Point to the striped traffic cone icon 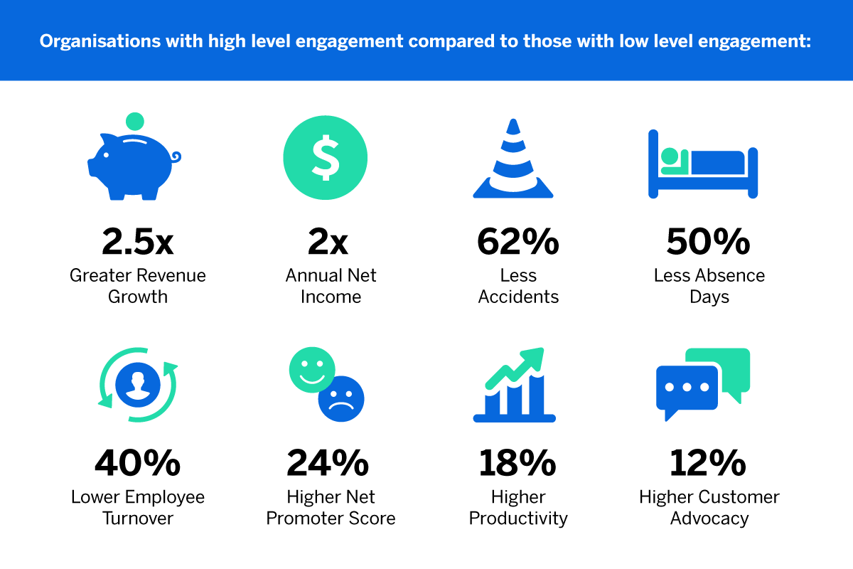tap(513, 160)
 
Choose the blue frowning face tap(340, 398)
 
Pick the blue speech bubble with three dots tap(687, 390)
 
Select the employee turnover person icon tap(138, 385)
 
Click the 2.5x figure tap(138, 243)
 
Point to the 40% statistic tap(138, 464)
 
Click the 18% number tap(517, 464)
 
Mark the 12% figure tap(708, 464)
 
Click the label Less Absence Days tap(709, 286)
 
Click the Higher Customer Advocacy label tap(709, 507)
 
